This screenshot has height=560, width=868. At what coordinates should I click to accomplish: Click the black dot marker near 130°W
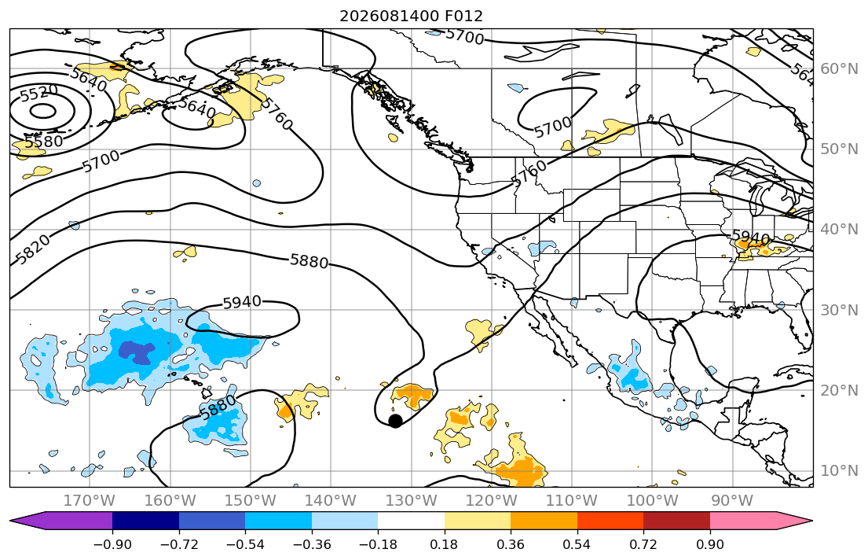395,421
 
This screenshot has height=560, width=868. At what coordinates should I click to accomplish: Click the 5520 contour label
38,93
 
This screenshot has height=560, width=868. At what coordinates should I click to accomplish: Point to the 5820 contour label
32,249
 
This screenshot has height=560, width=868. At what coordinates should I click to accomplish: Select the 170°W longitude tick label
90,501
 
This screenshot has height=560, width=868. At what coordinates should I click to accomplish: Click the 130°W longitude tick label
412,501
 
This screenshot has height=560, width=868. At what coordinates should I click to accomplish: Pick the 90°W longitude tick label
732,501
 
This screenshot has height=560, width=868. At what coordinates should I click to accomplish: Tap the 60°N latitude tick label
839,68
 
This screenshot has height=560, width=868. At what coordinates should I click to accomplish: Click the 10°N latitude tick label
839,471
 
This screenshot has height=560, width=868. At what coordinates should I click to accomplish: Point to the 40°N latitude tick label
839,229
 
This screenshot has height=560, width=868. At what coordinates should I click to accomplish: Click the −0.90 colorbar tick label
112,544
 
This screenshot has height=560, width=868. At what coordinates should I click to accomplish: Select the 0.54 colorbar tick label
577,544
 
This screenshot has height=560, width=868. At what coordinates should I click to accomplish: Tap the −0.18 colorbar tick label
378,544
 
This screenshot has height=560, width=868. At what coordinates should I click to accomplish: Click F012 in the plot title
464,16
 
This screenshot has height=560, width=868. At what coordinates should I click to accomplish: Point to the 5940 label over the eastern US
751,238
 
